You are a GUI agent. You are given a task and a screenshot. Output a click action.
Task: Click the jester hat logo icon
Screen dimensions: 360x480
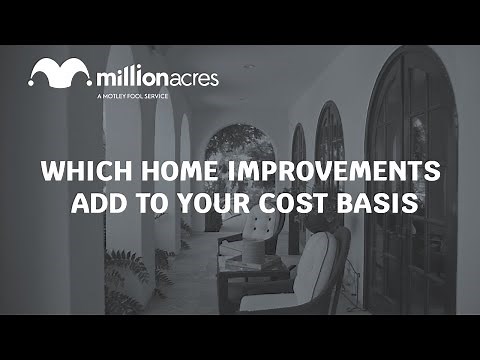61,74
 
